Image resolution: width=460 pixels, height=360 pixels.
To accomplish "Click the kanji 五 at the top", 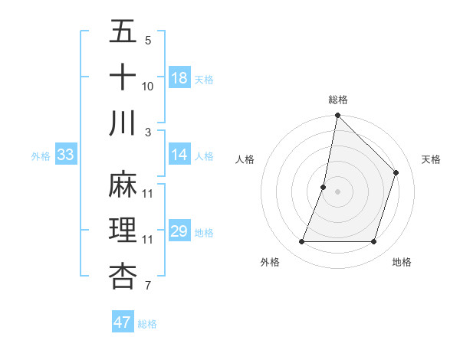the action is pos(123,33).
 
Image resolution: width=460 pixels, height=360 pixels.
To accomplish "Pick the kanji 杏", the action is pos(123,276).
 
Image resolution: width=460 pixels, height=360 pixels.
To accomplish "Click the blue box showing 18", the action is pos(179,78).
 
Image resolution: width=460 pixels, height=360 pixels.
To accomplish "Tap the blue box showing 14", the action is pos(179,155).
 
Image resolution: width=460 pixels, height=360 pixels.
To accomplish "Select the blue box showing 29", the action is pos(179,231).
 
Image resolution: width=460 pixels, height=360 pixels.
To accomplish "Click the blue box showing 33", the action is pos(65,155).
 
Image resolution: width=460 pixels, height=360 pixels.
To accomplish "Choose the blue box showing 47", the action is pos(122,322).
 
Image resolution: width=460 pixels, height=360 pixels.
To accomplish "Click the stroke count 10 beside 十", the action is pos(148,87).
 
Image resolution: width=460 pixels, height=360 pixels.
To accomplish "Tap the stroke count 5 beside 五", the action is pos(147,41).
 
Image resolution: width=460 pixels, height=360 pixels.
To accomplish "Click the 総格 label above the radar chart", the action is pos(338,100).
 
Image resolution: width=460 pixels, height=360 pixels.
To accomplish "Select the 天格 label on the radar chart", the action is pos(432,159).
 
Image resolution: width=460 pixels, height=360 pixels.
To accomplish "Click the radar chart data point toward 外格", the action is pos(302,242).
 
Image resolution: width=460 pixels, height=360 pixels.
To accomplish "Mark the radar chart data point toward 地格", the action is pos(374,242).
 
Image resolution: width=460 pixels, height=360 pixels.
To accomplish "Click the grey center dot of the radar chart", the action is pos(338,191).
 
